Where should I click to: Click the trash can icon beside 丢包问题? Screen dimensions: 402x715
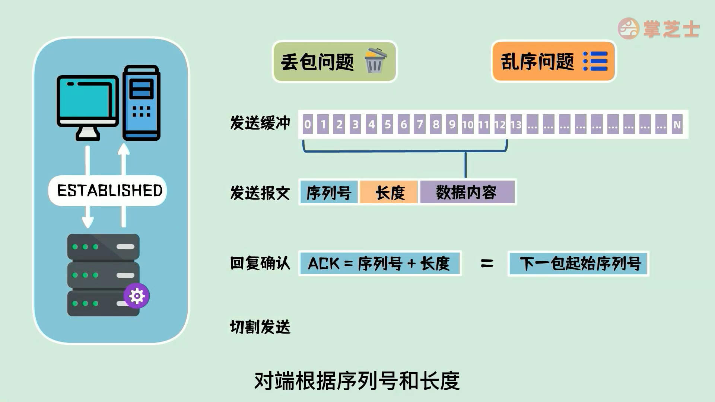[x=375, y=61]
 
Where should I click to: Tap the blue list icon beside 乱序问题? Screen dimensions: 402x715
[x=595, y=61]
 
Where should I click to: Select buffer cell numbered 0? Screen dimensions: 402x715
[x=307, y=124]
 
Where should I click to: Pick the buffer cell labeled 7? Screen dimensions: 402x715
[x=420, y=124]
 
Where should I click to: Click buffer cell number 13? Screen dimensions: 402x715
[x=516, y=124]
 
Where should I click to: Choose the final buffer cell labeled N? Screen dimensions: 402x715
[x=677, y=124]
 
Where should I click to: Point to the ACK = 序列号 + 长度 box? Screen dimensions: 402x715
[x=379, y=264]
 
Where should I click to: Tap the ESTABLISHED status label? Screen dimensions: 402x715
[x=109, y=191]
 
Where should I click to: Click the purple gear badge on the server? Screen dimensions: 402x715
[x=137, y=296]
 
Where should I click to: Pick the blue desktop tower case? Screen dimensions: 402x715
[x=142, y=103]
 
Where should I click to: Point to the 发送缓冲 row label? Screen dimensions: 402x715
[x=260, y=123]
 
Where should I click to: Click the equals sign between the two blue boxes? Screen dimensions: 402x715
[x=487, y=264]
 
